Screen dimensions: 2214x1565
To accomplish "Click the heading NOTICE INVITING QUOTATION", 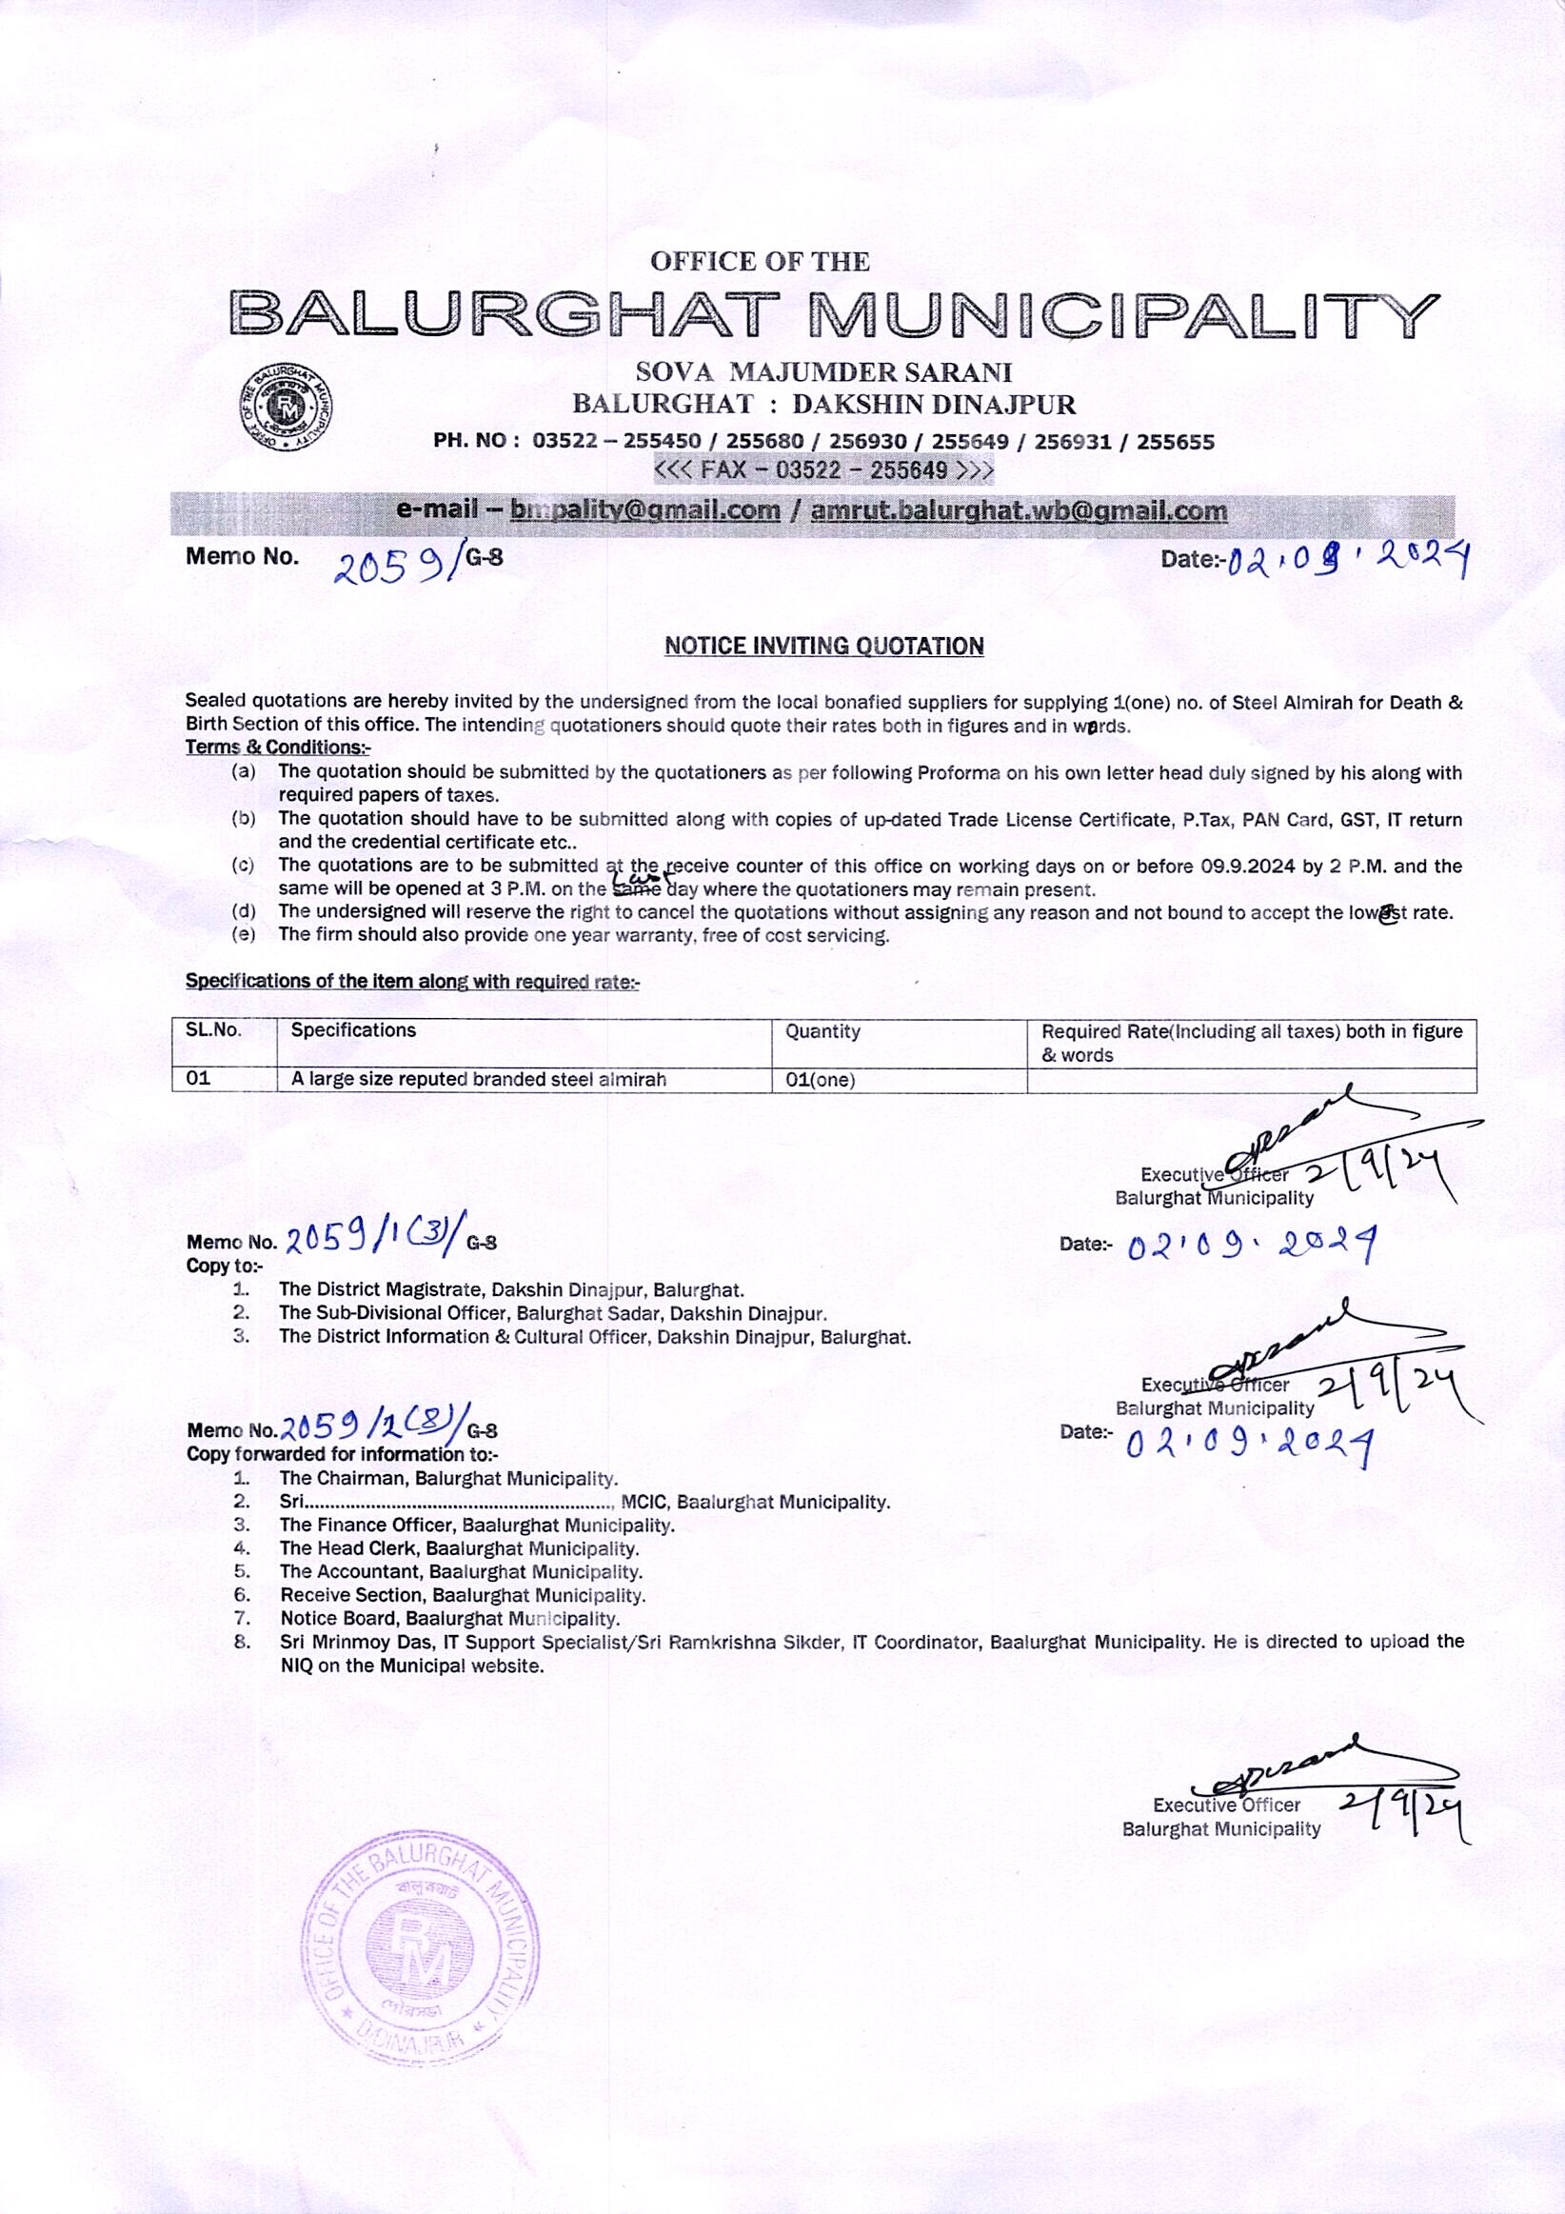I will coord(823,646).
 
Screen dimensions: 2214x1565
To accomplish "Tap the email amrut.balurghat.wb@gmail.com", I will coord(1019,510).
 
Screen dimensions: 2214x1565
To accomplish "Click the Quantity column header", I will coord(822,1032).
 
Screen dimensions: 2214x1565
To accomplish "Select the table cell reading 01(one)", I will coord(820,1080).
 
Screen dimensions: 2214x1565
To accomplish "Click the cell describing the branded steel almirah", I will coord(478,1080).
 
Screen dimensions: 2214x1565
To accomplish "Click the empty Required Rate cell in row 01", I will coord(1251,1080).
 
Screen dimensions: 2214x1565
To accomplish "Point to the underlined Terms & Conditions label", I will coord(278,748).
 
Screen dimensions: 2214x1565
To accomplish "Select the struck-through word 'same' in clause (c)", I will coord(638,889).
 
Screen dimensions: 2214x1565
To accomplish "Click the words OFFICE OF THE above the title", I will coord(760,261).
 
